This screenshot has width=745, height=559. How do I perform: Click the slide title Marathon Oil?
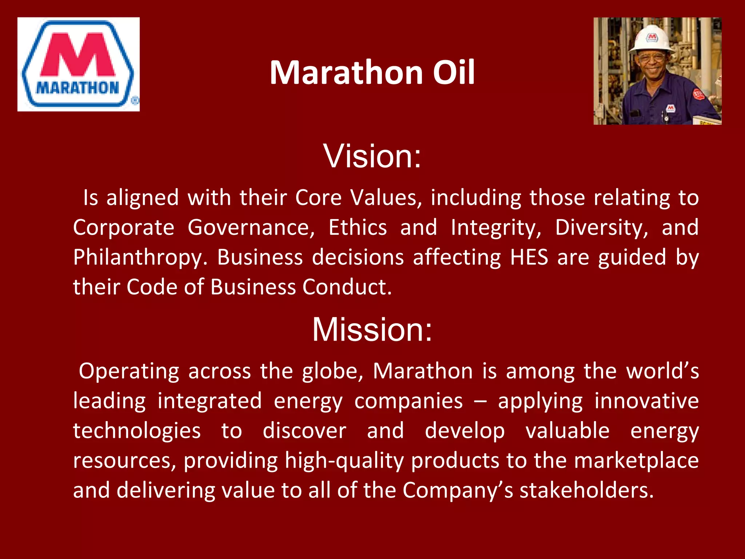tap(372, 73)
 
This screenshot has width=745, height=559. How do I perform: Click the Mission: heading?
tap(372, 329)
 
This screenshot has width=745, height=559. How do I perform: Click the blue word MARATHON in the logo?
tap(77, 88)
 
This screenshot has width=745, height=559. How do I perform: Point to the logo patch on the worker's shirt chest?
tap(670, 108)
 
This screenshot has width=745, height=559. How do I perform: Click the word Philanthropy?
tap(138, 258)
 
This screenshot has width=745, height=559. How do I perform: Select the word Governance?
tap(251, 228)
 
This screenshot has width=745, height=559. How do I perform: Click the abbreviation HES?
tap(529, 257)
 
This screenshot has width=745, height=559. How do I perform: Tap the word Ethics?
tap(358, 228)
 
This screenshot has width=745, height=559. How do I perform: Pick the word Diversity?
tap(601, 228)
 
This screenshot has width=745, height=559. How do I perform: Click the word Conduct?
tap(347, 287)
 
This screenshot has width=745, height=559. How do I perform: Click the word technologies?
tap(137, 431)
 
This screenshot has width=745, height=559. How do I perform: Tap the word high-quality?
tap(344, 461)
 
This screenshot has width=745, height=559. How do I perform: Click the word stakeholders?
tap(586, 490)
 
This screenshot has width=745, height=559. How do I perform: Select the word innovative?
tap(646, 401)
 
